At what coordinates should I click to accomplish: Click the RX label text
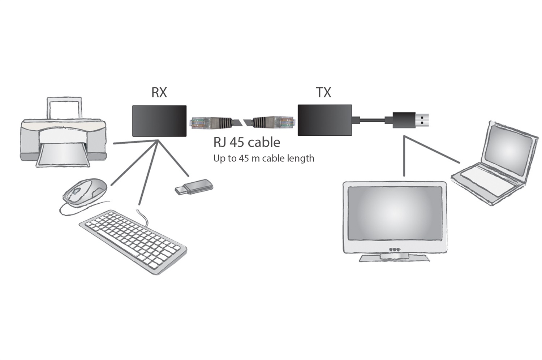tap(159, 92)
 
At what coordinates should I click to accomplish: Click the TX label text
tap(323, 92)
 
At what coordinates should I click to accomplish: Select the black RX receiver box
tap(159, 121)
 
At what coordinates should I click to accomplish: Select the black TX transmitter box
tap(324, 120)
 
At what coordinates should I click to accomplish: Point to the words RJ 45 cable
tap(246, 142)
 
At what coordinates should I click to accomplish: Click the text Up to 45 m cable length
tap(263, 158)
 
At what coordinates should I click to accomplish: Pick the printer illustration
tap(63, 137)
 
